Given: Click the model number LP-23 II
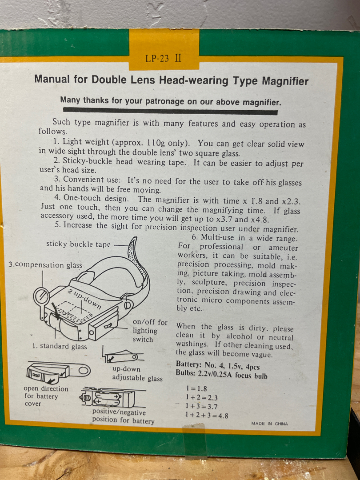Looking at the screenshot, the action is click(163, 59).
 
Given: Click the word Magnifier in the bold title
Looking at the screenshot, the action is click(285, 81).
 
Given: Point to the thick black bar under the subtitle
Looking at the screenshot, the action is click(170, 111).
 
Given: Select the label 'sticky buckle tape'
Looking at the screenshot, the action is click(78, 244).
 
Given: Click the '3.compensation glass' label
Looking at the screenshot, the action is click(45, 264).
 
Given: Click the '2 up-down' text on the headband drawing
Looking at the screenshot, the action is click(84, 299).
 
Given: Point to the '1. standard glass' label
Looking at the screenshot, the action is click(60, 346).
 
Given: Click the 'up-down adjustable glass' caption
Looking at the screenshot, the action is click(137, 373).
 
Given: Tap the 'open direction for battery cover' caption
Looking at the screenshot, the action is click(46, 396).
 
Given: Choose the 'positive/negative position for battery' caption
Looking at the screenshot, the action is click(124, 416).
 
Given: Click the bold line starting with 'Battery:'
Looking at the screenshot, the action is click(218, 365).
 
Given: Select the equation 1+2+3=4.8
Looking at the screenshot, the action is click(207, 415).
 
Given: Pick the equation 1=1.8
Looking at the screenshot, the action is click(196, 388).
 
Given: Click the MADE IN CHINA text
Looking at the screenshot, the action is click(269, 424).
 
